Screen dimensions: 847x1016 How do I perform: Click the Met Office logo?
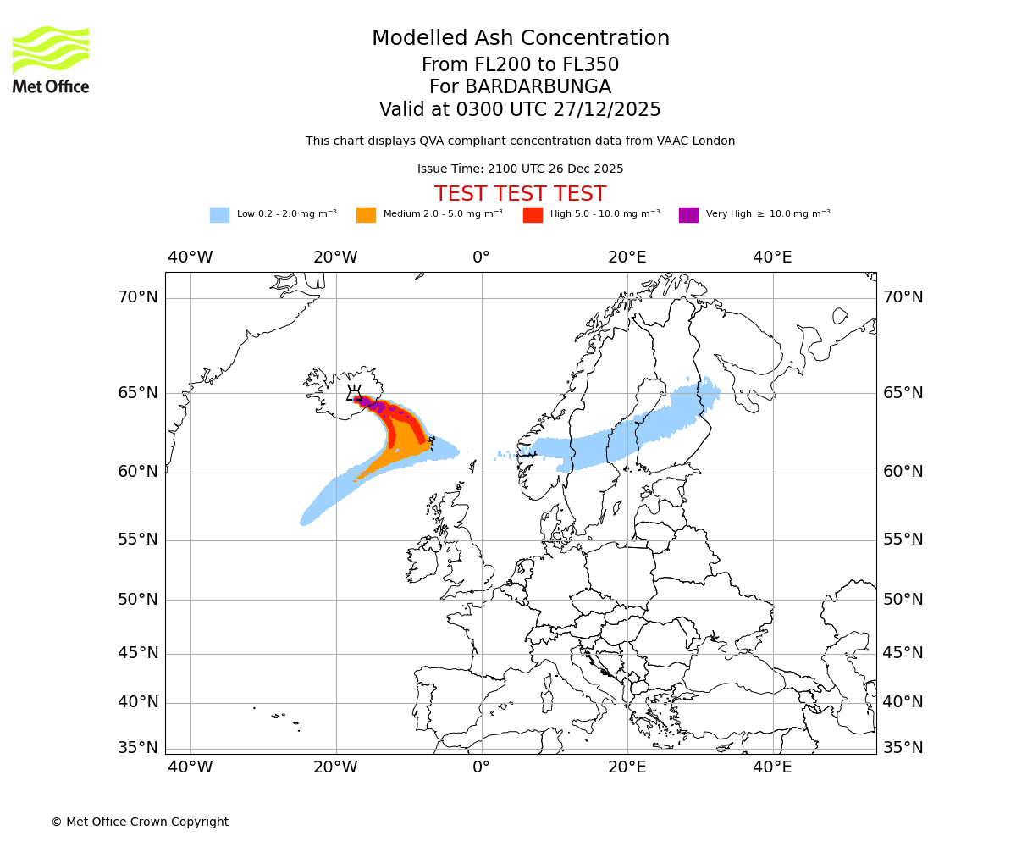click(51, 59)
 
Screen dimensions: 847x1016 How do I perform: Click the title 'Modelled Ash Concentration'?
click(520, 38)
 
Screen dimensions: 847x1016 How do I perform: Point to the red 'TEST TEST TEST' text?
click(520, 194)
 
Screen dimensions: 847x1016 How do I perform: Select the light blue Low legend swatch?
click(219, 214)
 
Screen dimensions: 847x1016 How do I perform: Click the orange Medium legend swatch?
click(366, 214)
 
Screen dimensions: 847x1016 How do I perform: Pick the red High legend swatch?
click(533, 214)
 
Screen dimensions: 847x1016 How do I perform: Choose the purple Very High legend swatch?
click(688, 214)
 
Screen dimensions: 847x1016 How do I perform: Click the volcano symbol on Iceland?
click(354, 393)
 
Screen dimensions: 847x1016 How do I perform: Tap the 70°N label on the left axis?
click(137, 297)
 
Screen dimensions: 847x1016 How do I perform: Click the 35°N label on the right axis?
click(903, 748)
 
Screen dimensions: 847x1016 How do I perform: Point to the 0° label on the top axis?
click(481, 257)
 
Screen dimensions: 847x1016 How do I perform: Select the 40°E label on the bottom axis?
click(772, 767)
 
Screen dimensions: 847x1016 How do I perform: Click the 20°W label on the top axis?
click(335, 257)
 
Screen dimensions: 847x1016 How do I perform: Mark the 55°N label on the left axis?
click(137, 540)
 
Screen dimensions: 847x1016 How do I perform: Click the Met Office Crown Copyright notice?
click(140, 822)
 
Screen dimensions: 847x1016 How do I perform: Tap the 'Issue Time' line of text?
click(520, 169)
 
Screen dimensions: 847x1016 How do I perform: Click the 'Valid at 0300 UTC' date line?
click(520, 110)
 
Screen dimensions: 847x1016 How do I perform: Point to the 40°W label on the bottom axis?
click(190, 767)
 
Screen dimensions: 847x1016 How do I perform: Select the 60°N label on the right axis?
click(903, 472)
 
